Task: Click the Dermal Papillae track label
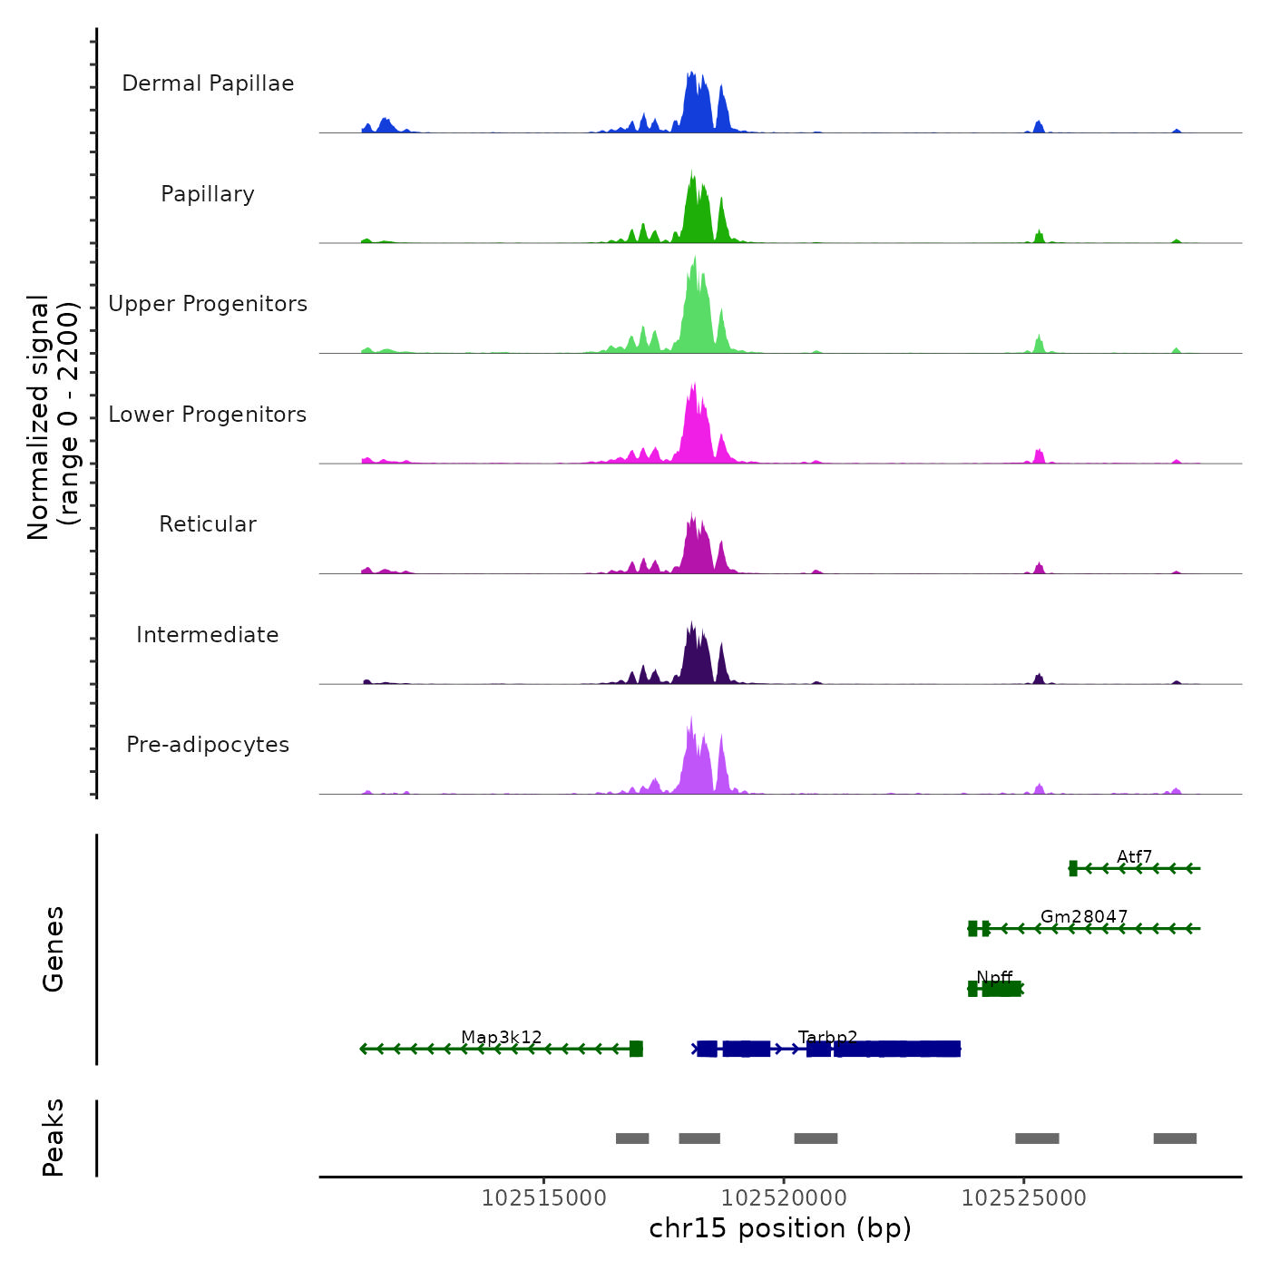tap(208, 83)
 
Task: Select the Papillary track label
tap(208, 194)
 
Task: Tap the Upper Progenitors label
tap(208, 304)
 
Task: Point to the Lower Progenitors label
tap(208, 415)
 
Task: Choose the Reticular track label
tap(208, 524)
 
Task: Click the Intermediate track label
tap(208, 635)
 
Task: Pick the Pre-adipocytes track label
tap(208, 745)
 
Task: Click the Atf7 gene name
tap(1134, 856)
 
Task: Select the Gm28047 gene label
tap(1083, 916)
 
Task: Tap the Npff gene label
tap(994, 977)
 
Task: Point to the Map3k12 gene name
tap(501, 1037)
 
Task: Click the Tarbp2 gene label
tap(827, 1037)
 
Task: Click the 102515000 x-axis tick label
tap(543, 1198)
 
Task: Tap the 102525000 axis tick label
tap(1023, 1198)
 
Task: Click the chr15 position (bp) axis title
tap(780, 1228)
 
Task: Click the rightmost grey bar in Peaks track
tap(1175, 1138)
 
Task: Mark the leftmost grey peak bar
tap(632, 1138)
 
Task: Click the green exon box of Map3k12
tap(636, 1049)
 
